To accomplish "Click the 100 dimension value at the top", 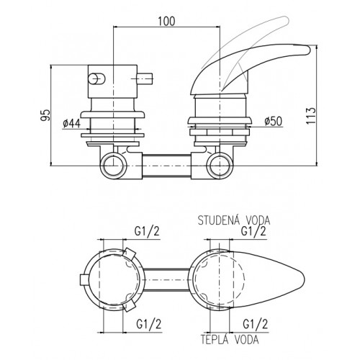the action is click(x=167, y=21).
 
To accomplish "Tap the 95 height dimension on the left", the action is click(x=45, y=115).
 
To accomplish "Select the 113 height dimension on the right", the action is click(x=311, y=116).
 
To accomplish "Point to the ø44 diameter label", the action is click(x=72, y=123).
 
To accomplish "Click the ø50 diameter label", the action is click(x=274, y=121).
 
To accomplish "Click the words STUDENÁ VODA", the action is click(x=234, y=220).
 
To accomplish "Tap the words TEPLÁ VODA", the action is click(x=230, y=339).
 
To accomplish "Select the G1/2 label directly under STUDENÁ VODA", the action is click(x=253, y=231).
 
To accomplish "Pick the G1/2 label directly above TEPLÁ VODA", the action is click(x=255, y=324).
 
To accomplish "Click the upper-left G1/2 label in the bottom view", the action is click(x=147, y=231).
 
